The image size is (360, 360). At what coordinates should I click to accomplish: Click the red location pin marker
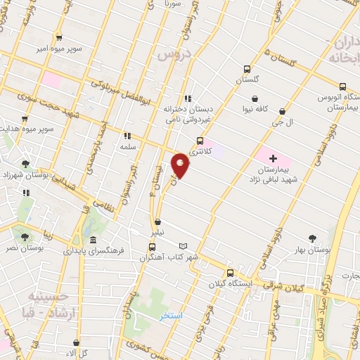point(181,164)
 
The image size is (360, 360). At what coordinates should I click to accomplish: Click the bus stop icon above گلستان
point(246,69)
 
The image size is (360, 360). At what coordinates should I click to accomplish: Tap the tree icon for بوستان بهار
point(313,238)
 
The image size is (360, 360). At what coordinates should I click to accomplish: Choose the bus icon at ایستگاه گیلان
point(229,273)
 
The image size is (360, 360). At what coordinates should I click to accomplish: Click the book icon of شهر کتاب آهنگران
point(184,245)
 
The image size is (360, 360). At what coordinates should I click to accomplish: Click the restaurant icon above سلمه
point(127,136)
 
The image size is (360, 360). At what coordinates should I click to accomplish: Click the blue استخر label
point(169,316)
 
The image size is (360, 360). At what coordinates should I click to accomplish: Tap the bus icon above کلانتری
point(200,140)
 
